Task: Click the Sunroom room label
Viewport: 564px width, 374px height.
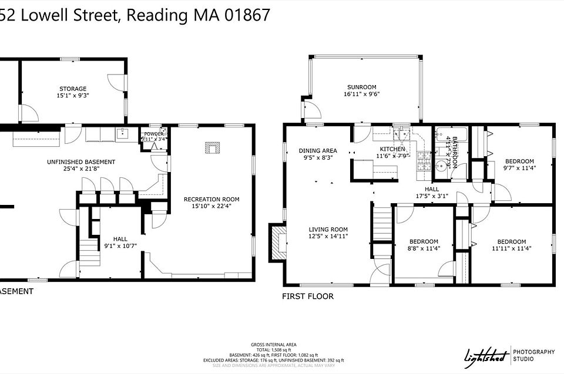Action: click(x=361, y=87)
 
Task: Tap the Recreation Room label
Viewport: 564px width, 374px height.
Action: click(x=211, y=199)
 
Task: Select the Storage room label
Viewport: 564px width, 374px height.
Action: click(x=72, y=89)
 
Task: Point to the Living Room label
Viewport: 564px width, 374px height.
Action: click(x=328, y=230)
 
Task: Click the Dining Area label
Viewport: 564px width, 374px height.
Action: click(x=317, y=151)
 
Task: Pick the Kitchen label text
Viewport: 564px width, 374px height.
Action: click(x=392, y=149)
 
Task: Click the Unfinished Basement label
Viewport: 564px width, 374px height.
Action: click(x=81, y=162)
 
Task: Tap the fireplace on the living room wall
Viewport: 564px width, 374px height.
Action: click(x=277, y=242)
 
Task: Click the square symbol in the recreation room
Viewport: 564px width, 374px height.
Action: click(x=210, y=147)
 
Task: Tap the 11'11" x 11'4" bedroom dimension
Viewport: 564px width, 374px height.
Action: click(x=511, y=248)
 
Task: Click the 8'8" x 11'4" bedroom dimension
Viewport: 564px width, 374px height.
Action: click(x=423, y=248)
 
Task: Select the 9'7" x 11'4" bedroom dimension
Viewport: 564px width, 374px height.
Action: click(x=519, y=169)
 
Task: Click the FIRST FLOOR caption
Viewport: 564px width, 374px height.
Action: click(x=307, y=296)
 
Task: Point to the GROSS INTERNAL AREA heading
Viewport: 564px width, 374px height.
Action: click(x=273, y=344)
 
